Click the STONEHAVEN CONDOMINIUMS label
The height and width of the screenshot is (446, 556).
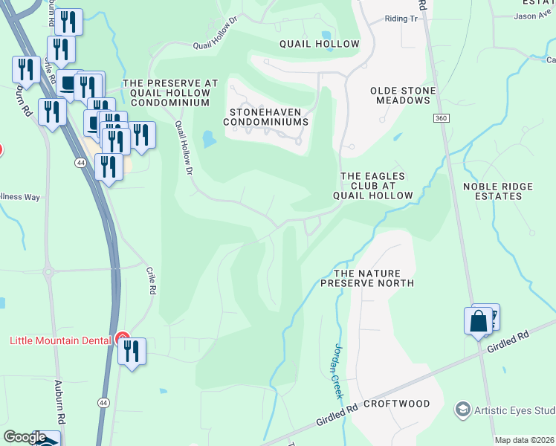[x=265, y=116]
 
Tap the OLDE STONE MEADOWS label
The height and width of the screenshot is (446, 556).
[x=403, y=95]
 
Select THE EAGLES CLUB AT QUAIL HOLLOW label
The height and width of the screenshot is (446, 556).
[x=372, y=186]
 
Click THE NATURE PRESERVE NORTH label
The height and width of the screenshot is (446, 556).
[x=367, y=278]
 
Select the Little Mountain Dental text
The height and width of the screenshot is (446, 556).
[x=60, y=340]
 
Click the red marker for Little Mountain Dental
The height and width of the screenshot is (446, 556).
[x=122, y=339]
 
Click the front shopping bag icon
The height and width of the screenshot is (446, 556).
[x=479, y=320]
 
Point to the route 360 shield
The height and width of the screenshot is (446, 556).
[x=441, y=119]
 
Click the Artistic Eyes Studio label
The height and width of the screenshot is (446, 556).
[x=517, y=410]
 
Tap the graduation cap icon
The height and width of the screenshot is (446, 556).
[x=463, y=410]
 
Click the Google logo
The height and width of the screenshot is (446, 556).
[x=25, y=437]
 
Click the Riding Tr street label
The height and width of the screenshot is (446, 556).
[x=401, y=19]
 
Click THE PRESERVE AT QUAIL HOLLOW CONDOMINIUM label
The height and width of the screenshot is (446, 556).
[x=170, y=93]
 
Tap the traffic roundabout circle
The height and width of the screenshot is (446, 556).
[x=48, y=271]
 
